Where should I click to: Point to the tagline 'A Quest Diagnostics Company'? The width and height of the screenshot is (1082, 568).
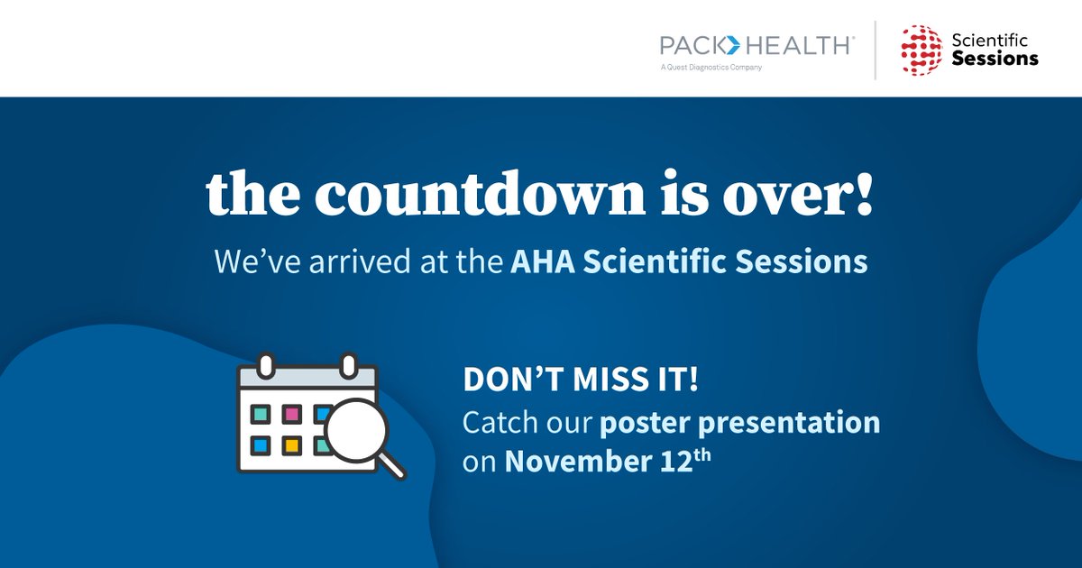click(711, 68)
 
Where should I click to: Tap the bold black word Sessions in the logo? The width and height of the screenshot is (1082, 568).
click(995, 60)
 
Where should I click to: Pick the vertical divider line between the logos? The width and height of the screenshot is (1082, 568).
click(875, 49)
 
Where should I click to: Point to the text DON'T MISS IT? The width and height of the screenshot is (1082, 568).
click(581, 380)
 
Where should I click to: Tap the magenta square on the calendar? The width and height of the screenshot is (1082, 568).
click(291, 414)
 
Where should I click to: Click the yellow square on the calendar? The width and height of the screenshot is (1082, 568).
click(291, 444)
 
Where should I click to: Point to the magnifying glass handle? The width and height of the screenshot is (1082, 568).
click(392, 466)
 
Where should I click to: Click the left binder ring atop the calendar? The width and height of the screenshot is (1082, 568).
click(265, 364)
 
